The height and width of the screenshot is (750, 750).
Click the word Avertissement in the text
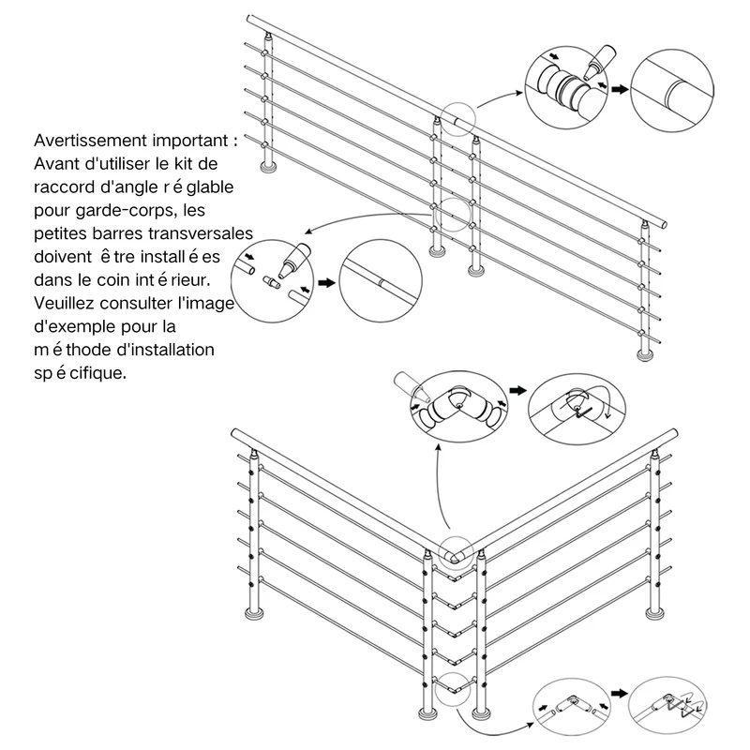click(90, 141)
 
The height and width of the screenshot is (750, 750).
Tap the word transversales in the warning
click(201, 233)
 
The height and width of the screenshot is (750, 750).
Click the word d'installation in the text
click(166, 350)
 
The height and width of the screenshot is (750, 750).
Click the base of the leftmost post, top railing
click(268, 167)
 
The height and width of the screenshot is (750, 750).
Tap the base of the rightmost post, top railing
click(646, 354)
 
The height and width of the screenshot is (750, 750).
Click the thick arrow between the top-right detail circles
click(620, 89)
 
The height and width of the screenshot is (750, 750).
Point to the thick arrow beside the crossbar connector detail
click(326, 283)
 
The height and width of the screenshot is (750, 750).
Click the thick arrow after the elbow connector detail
click(517, 390)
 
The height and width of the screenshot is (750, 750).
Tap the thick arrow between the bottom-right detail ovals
click(619, 693)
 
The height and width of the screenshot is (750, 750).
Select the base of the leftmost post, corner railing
click(253, 614)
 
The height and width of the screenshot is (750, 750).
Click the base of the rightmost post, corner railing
click(654, 613)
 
